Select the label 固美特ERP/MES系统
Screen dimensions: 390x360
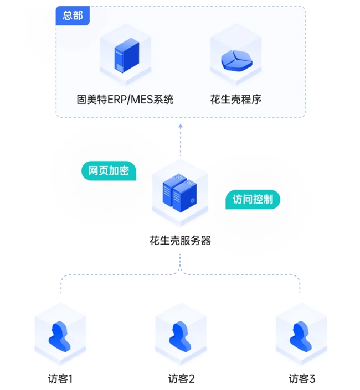(x=125, y=100)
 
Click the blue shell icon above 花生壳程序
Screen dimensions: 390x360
(x=235, y=60)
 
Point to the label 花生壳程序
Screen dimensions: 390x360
(x=235, y=100)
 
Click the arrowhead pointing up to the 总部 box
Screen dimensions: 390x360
(x=180, y=126)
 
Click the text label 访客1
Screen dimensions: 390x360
(x=60, y=379)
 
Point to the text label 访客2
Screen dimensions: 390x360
(x=181, y=379)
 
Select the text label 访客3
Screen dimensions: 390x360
(x=302, y=379)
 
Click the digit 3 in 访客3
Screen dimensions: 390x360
(x=312, y=379)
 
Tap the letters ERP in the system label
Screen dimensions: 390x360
(x=115, y=100)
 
